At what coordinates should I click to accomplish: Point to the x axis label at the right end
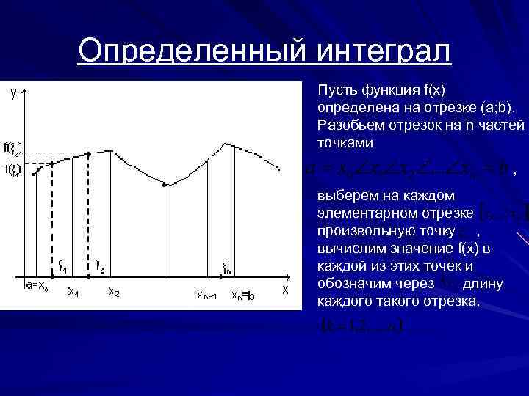pyautogui.click(x=285, y=290)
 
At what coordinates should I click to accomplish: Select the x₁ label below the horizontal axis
pyautogui.click(x=73, y=291)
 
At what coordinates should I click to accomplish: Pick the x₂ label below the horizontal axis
pyautogui.click(x=114, y=291)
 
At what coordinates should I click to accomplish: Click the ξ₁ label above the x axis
pyautogui.click(x=62, y=267)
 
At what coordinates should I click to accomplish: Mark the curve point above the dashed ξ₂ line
pyautogui.click(x=89, y=154)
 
